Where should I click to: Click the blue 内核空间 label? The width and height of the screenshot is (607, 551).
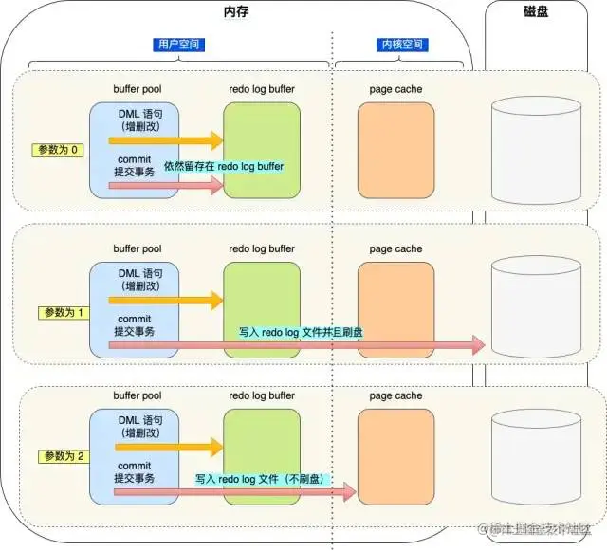click(398, 45)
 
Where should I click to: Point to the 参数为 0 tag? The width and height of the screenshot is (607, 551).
click(58, 151)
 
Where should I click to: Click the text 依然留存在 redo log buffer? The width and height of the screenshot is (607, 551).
click(225, 166)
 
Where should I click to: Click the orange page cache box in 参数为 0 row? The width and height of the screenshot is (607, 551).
click(395, 150)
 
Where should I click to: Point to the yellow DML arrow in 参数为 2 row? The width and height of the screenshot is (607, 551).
click(171, 447)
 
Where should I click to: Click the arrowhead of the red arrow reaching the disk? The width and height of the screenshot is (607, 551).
click(477, 346)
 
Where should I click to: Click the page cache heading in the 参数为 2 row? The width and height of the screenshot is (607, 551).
click(395, 395)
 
